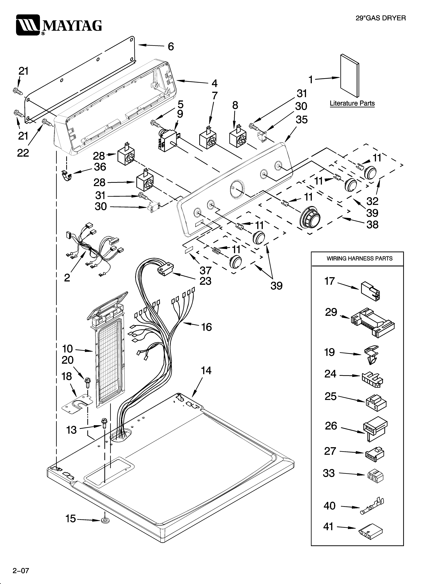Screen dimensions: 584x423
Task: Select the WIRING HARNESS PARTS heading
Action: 359,259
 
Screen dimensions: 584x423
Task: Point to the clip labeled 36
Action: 67,176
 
